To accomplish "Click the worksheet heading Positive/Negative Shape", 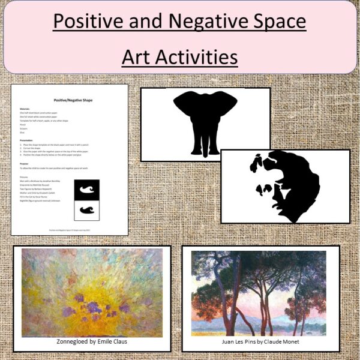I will (x=70, y=100).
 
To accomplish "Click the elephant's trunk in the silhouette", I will (x=205, y=123).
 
